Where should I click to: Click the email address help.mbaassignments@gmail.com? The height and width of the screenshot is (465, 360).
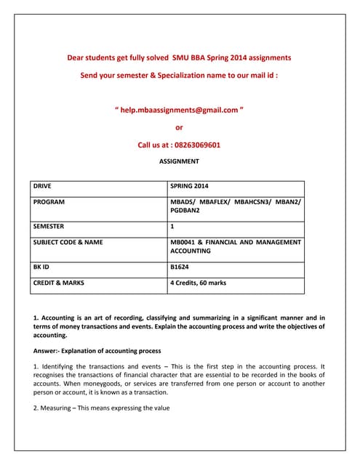180,110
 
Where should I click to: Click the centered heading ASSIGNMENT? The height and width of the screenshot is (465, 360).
179,161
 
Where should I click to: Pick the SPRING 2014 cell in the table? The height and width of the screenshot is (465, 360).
189,186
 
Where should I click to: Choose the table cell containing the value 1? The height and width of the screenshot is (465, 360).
172,226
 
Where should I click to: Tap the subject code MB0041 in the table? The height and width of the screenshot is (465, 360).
185,241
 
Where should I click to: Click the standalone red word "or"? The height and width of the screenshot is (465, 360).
180,127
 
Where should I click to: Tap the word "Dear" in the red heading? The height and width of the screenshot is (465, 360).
75,57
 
